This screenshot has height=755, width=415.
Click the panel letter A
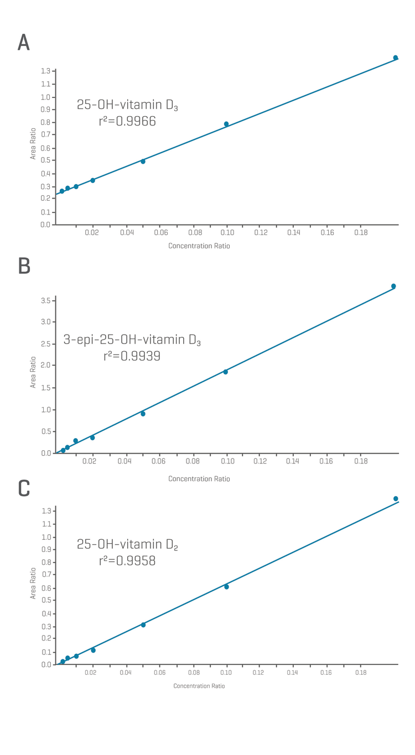point(23,43)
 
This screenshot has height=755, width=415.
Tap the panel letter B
point(24,266)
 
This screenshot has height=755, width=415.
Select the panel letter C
point(24,488)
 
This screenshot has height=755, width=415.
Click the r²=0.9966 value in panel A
point(127,121)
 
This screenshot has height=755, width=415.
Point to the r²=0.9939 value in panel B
point(132,356)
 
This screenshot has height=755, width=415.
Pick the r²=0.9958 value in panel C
point(127,561)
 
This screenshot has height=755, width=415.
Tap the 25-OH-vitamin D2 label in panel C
point(127,545)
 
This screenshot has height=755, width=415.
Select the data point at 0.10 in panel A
point(226,124)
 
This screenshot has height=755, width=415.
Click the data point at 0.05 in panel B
point(143,414)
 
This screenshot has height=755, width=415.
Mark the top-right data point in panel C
point(396,499)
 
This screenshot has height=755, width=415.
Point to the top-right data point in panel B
point(393,287)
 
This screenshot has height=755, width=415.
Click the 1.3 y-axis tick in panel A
point(45,71)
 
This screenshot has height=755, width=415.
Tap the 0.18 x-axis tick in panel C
point(361,673)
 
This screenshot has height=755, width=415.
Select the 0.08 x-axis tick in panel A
point(194,233)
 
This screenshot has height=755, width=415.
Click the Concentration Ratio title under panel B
point(199,479)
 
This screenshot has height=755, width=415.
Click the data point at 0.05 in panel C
point(143,625)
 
